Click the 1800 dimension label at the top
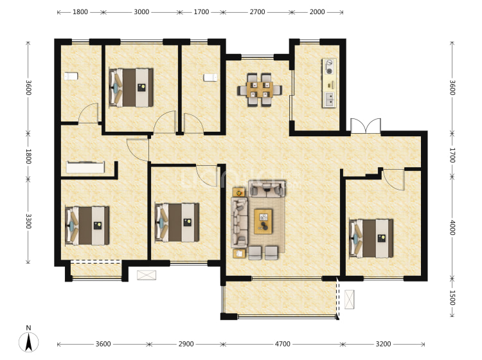[x=80, y=12]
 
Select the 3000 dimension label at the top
[x=141, y=12]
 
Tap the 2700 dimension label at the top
[x=257, y=12]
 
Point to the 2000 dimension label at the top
[x=317, y=12]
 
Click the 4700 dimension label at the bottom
[x=283, y=344]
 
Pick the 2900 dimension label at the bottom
[x=186, y=344]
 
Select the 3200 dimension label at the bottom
[x=383, y=344]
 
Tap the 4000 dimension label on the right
[x=452, y=228]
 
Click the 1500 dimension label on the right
[x=452, y=298]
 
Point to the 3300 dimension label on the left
[x=28, y=221]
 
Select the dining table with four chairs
[x=260, y=90]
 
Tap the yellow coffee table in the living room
[x=263, y=221]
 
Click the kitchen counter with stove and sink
[x=329, y=83]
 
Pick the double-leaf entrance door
[x=366, y=126]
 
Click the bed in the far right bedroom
[x=371, y=239]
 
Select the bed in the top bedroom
[x=131, y=87]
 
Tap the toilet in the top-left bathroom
[x=71, y=76]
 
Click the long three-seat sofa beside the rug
[x=239, y=223]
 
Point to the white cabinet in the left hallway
[x=85, y=167]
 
